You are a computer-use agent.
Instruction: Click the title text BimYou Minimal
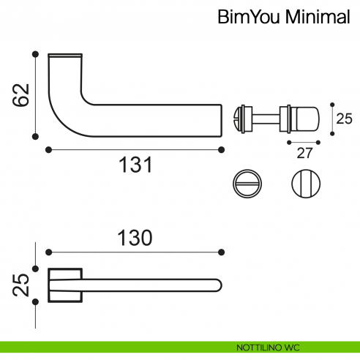tap(283, 17)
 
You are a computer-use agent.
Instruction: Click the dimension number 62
tap(24, 93)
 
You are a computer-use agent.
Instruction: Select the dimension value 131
tap(135, 166)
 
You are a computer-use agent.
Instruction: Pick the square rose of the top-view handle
tap(64, 286)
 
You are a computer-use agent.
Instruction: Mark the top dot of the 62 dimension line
tap(35, 53)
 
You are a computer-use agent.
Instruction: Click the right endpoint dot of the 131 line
tap(222, 149)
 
